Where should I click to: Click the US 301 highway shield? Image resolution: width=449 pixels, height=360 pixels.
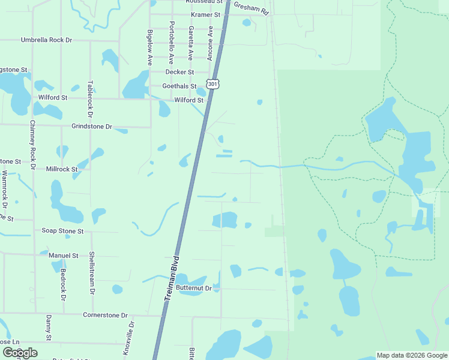click(x=212, y=84)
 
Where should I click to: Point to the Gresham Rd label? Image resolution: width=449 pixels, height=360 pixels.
click(x=251, y=7)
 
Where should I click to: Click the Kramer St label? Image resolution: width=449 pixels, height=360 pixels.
click(x=205, y=14)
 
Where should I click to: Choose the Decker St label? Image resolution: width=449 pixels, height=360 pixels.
click(x=179, y=72)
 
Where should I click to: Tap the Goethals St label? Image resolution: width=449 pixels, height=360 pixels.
click(x=179, y=86)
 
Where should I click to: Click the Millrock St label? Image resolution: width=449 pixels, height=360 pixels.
click(x=62, y=169)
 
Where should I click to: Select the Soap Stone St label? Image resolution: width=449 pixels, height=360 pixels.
click(x=62, y=230)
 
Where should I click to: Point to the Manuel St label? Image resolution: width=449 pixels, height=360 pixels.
click(x=63, y=256)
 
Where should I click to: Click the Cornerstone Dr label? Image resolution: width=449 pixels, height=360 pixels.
click(x=105, y=315)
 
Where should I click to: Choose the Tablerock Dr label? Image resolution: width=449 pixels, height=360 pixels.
click(x=90, y=98)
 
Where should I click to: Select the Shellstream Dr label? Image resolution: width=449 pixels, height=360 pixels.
click(x=92, y=272)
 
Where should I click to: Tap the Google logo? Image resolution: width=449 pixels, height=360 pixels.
click(x=20, y=352)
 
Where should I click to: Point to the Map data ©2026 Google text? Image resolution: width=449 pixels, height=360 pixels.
click(x=411, y=355)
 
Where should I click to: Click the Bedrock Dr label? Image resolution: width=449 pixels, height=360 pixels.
click(x=62, y=284)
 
